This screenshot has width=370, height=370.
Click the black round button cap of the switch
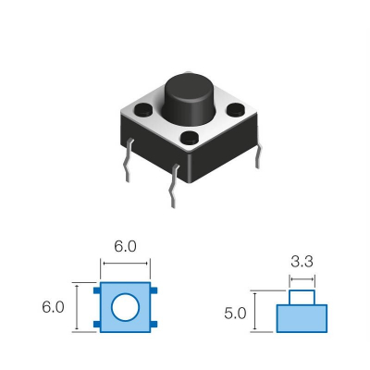190,92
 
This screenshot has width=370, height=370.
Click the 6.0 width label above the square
125,247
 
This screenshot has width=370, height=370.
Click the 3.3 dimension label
302,262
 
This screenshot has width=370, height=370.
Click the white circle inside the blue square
125,306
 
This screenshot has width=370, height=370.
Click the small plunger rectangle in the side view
302,297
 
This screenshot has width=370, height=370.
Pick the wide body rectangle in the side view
302,318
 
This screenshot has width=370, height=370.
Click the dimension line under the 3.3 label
302,277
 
